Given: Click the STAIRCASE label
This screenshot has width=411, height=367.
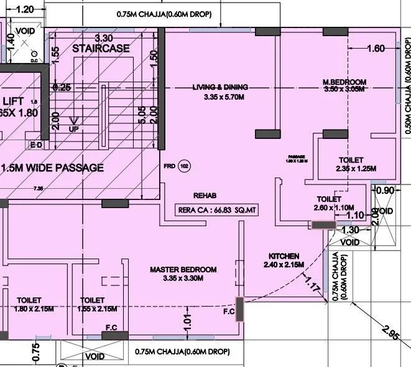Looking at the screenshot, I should tap(101, 48).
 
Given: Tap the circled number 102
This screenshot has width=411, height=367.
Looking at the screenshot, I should tap(184, 166).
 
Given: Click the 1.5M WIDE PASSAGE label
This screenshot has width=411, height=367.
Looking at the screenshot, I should tap(53, 168).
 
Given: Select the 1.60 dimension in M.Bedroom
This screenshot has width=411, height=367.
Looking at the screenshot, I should tap(376, 49).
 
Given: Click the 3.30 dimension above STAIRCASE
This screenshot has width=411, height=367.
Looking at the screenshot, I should tap(103, 37).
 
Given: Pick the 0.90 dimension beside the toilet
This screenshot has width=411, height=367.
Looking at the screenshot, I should tap(386, 190).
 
